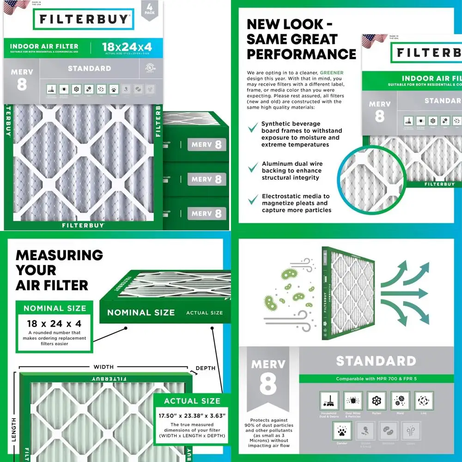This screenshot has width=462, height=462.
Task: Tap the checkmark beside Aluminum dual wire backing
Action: tap(253, 167)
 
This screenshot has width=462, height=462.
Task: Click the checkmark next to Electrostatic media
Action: tap(253, 199)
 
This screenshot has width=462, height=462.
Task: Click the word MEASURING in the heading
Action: tap(59, 255)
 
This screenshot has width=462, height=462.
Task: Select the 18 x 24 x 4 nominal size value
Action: tap(55, 323)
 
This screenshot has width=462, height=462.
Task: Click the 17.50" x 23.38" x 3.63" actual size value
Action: tap(192, 415)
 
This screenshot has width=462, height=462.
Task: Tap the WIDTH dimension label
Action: tap(103, 367)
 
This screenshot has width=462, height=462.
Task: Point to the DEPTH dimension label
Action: tap(205, 368)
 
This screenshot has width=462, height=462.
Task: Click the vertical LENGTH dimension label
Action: tap(14, 429)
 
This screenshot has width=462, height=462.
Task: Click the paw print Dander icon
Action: tap(342, 431)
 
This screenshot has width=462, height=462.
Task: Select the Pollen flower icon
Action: tap(377, 401)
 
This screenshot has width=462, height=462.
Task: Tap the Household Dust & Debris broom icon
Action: tap(329, 401)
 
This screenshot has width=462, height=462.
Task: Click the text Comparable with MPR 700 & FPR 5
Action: tap(376, 379)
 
